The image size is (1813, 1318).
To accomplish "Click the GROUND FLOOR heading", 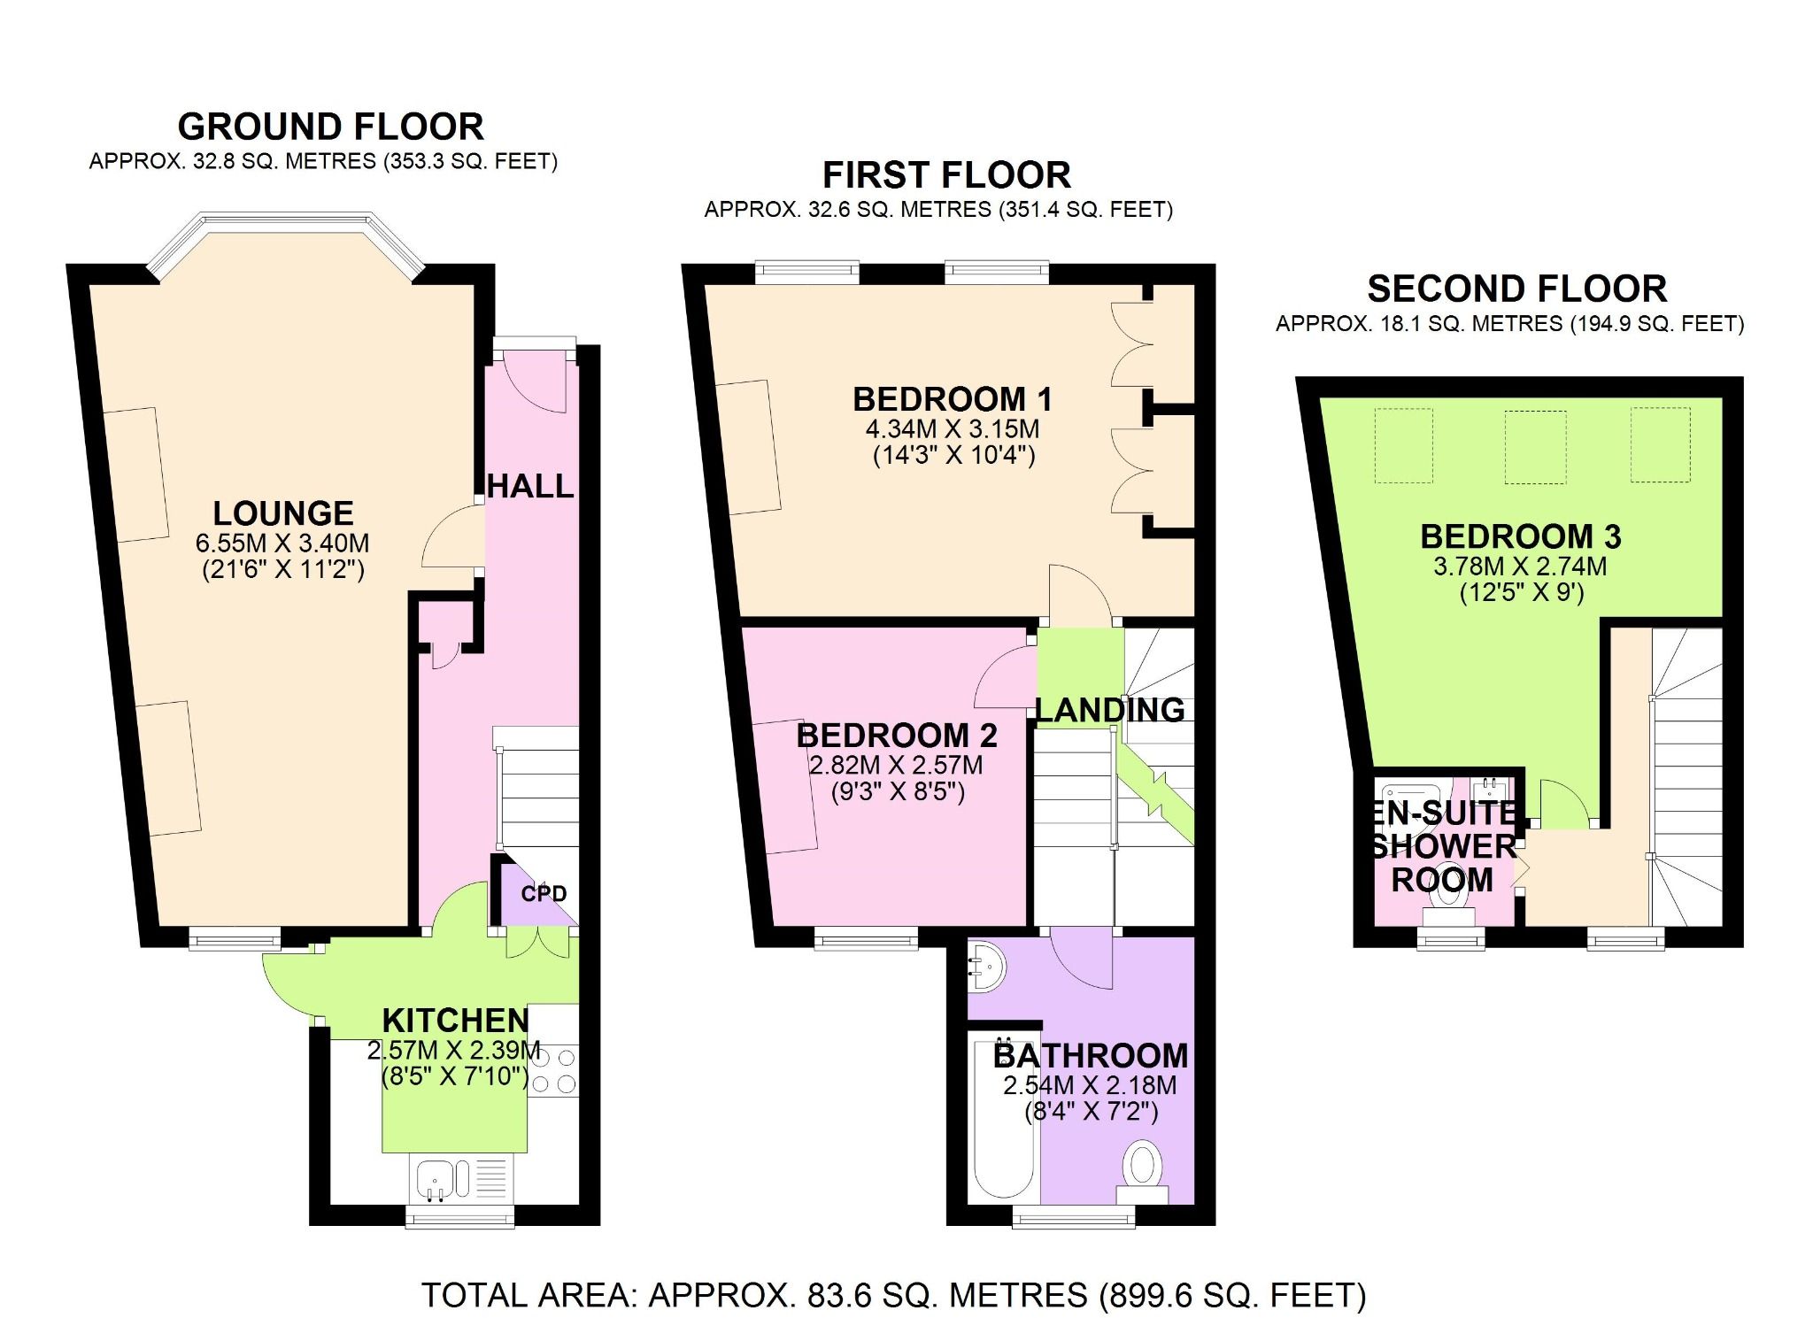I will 330,127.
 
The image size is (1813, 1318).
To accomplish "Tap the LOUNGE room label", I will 283,513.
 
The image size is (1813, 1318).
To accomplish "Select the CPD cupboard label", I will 544,893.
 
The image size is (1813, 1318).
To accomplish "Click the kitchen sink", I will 436,1180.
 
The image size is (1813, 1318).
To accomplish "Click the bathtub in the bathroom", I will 1004,1120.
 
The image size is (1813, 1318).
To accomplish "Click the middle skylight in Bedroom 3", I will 1535,446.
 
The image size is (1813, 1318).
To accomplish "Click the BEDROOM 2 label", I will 897,736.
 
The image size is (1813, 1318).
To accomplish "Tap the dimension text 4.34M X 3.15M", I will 953,429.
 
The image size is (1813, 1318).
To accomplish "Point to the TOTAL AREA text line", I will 893,1295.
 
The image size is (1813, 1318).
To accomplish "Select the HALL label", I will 530,486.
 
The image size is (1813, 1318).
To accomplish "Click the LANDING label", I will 1110,710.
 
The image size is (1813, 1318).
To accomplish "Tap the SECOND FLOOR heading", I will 1516,289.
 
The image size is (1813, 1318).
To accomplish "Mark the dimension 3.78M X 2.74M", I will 1520,567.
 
